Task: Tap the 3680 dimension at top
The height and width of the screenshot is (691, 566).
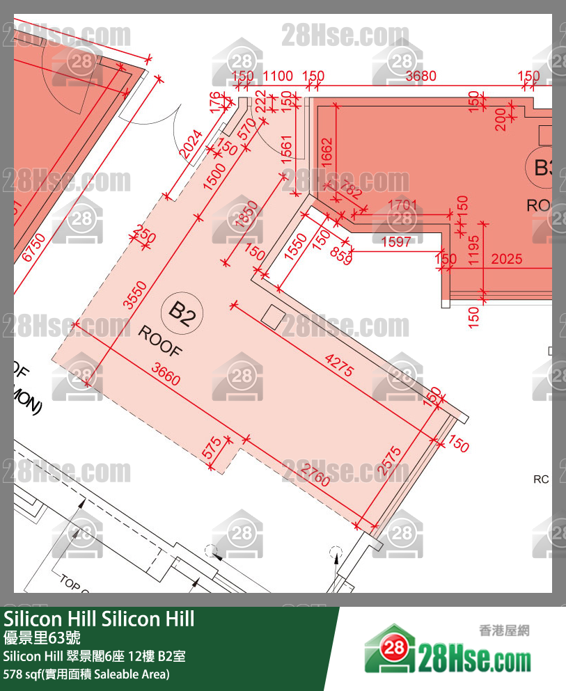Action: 420,76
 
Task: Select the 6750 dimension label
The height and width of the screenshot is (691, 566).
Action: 33,248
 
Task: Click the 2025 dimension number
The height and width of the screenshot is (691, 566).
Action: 506,260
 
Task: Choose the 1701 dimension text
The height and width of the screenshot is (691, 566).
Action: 402,205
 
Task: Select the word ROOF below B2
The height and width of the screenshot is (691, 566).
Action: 159,341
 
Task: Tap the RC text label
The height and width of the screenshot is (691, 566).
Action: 541,479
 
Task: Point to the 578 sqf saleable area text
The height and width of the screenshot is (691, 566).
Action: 86,674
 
